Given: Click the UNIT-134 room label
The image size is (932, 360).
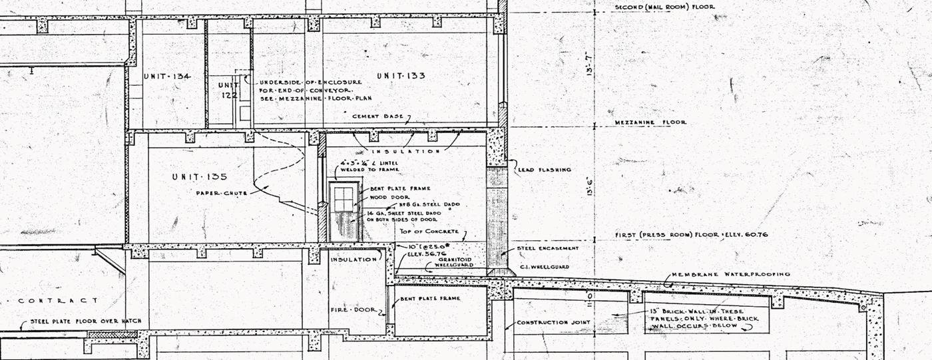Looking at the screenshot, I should coord(167,77).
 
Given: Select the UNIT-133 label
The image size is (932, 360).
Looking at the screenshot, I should coord(401,76).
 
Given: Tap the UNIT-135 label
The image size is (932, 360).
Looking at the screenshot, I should coord(200,177).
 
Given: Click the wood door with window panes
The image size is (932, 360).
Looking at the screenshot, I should coord(344,210).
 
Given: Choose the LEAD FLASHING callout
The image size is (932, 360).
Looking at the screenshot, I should coord(544,170).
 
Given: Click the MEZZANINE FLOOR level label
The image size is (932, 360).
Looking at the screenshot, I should coord(650,122).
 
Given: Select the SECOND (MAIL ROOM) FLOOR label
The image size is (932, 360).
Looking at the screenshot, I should coord(664,7).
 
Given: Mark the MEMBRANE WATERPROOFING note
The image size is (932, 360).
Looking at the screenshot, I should coord(730,274).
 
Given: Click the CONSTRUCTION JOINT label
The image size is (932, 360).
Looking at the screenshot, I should coord(554,323).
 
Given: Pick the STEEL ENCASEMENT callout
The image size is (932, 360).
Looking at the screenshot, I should coord(548,249).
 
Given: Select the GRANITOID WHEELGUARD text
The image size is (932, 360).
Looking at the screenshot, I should coord(455,262).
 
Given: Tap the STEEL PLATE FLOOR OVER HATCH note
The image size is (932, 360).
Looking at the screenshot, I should coord(86,321).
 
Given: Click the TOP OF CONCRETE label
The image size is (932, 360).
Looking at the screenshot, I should coord(429,232).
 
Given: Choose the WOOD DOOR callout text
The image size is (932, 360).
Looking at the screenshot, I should coord(387,197).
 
